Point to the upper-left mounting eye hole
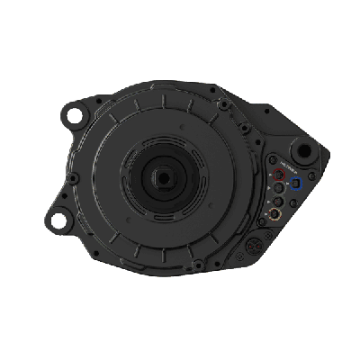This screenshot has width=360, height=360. click(x=75, y=115)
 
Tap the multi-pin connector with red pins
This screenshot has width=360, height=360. click(x=254, y=246)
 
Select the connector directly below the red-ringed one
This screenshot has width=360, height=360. click(x=278, y=187)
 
